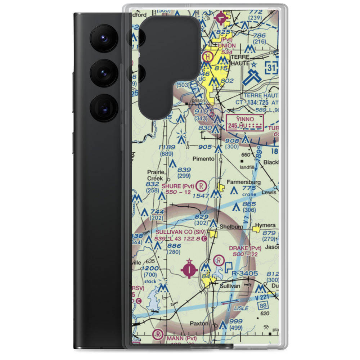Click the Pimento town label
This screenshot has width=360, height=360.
[204, 159]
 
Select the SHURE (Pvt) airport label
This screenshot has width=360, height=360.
[178, 186]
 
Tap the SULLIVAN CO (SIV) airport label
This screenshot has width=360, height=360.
[181, 233]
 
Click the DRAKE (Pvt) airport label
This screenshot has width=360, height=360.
[245, 248]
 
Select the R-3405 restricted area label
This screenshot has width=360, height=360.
[245, 274]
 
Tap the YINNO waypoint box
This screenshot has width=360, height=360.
[245, 122]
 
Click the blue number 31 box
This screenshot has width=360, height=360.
[271, 67]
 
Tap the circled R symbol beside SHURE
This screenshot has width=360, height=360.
[202, 186]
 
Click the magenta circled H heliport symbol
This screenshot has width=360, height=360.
[208, 56]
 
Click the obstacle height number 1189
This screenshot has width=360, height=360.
[167, 147]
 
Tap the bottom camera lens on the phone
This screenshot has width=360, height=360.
[103, 108]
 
